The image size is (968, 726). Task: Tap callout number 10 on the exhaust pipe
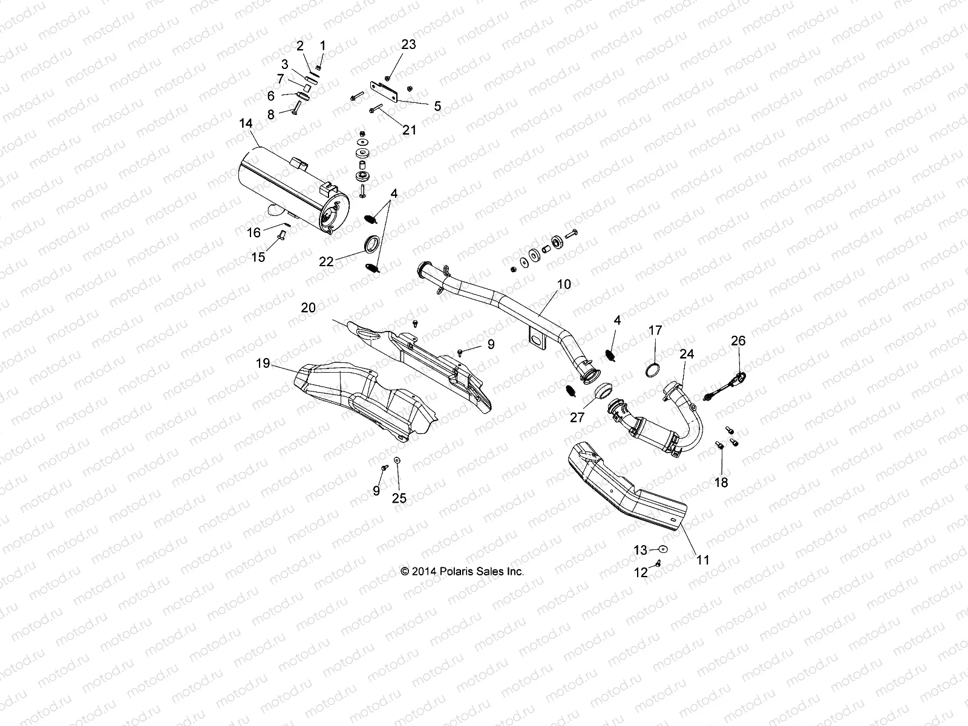pos(564,283)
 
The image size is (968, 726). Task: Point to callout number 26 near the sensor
pos(738,341)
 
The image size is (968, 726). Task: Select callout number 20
pos(308,308)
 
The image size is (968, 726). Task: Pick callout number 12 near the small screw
pos(640,573)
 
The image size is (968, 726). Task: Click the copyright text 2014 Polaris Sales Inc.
pos(462,571)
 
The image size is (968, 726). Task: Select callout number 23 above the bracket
pos(409,44)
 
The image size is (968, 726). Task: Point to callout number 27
pos(577,416)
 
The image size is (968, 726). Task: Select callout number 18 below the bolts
pos(721,482)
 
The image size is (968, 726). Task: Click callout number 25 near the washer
pos(399,499)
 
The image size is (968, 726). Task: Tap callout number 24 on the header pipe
pos(687,354)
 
